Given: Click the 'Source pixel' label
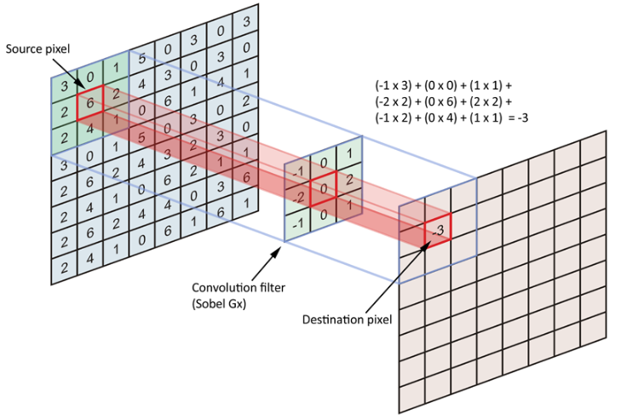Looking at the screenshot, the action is point(37,49).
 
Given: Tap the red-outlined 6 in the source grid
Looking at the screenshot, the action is point(90,103).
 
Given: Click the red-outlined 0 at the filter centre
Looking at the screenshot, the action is point(323,188).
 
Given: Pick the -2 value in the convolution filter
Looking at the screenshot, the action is point(298,197).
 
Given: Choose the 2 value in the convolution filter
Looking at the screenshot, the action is point(349,180).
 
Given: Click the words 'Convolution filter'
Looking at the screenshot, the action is point(239,287).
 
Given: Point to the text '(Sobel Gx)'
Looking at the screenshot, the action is point(219,304).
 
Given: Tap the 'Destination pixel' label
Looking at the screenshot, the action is point(347,319).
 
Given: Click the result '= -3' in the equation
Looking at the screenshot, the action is point(518,118).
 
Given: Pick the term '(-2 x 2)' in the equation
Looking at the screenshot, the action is point(394,101).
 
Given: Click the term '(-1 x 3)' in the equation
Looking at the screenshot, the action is point(394,85).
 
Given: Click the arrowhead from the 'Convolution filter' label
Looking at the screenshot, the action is point(277,250).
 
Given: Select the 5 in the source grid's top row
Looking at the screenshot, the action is point(141,59).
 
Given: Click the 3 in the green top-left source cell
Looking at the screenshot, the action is point(64,86).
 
